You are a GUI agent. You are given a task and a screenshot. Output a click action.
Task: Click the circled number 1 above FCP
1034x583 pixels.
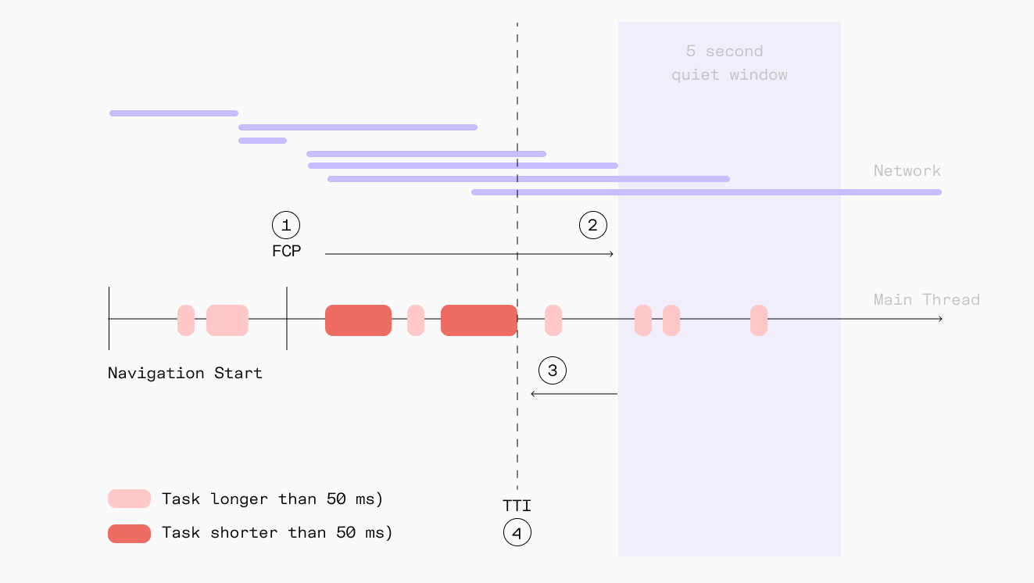tap(286, 225)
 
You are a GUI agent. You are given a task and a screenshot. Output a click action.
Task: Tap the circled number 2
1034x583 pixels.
tap(592, 225)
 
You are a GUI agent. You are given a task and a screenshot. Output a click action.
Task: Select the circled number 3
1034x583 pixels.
tap(553, 370)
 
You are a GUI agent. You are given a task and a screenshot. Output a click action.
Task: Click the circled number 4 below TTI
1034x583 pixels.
tap(517, 533)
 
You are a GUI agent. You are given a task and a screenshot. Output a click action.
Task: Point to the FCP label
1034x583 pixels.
tap(286, 252)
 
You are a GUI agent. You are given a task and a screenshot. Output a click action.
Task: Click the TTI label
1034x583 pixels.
tap(517, 506)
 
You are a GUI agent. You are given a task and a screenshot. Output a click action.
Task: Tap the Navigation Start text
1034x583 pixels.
tap(185, 373)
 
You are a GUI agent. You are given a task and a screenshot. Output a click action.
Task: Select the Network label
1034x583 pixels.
tap(907, 170)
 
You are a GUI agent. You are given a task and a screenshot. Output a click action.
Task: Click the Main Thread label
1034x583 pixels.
tap(926, 299)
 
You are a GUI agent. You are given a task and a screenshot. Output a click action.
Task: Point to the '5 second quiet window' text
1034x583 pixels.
tap(729, 63)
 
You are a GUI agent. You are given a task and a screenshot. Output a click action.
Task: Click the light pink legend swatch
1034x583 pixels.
tap(129, 499)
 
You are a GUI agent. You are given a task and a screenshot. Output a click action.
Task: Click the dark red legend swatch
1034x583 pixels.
tap(129, 533)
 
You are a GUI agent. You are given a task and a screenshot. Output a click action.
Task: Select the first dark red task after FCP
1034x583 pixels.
tap(358, 320)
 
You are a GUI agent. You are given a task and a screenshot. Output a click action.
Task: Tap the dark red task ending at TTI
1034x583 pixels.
tap(478, 320)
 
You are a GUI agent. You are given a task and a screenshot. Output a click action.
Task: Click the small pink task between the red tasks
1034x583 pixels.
tap(416, 320)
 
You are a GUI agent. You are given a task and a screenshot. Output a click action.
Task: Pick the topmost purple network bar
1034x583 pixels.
tap(174, 113)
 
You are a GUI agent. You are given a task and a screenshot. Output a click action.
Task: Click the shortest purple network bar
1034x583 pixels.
tap(263, 141)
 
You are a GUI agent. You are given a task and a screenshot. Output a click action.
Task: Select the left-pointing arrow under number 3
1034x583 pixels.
tap(574, 394)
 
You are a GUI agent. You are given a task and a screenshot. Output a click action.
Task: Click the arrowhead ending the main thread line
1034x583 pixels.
tap(940, 319)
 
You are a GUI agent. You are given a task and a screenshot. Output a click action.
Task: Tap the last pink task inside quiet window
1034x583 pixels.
tap(759, 320)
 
